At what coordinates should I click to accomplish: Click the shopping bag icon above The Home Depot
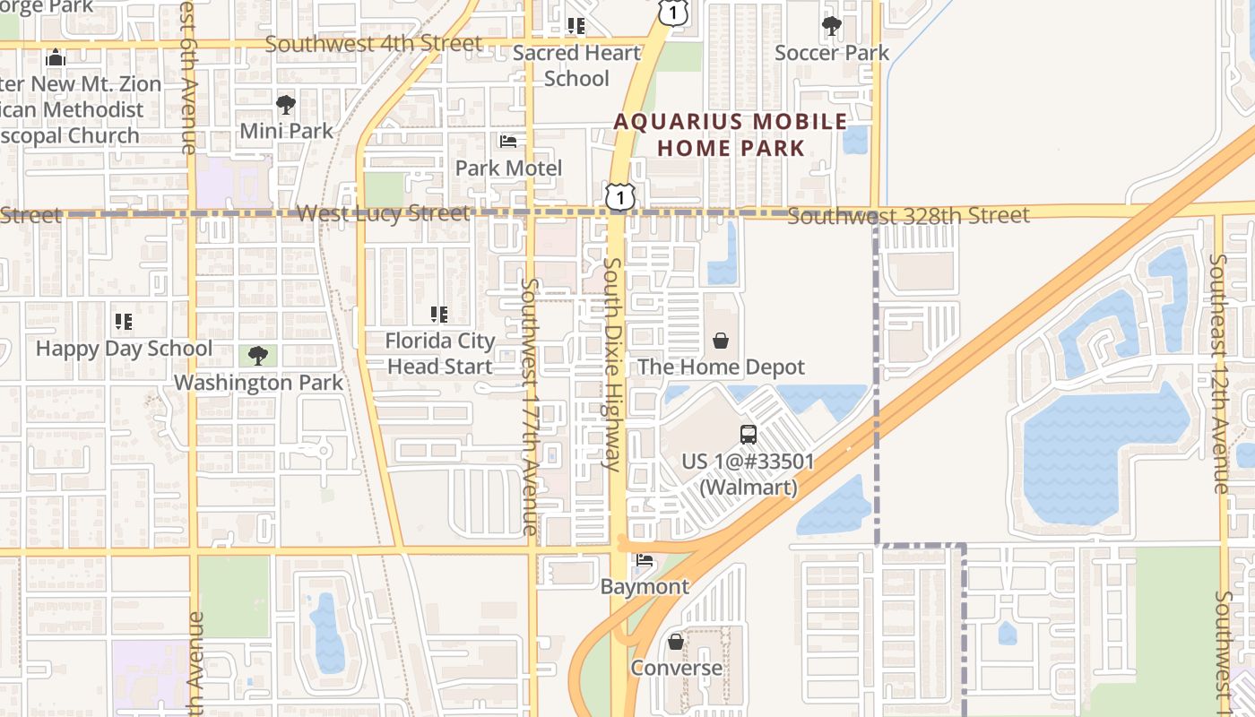721,341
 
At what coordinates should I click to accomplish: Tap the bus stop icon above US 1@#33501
749,435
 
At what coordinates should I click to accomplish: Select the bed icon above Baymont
645,561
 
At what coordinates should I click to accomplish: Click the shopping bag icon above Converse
676,642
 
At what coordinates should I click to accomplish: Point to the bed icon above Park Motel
508,142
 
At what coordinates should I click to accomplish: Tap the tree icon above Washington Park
258,356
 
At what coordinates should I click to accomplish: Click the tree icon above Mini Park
286,105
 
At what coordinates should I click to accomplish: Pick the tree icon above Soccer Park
832,26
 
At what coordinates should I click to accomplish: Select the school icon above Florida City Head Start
439,315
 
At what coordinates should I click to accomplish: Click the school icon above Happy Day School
124,322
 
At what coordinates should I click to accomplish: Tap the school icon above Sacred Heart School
576,26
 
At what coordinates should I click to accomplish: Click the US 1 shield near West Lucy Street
619,197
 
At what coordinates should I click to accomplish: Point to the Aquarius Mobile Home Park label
731,134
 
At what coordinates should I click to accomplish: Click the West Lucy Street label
383,213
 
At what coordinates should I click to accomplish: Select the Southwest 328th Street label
909,216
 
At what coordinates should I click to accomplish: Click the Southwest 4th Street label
373,43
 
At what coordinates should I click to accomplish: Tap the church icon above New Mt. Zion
56,58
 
